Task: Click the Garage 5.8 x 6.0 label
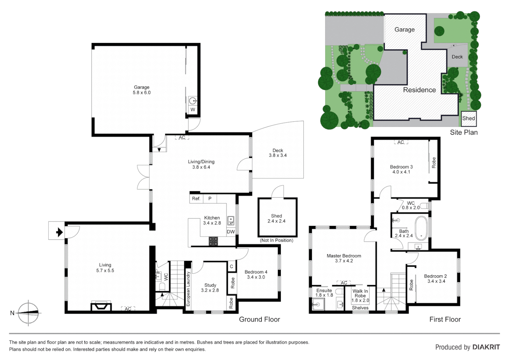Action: click(x=142, y=90)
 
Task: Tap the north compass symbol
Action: click(x=29, y=313)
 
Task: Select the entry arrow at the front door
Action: click(x=59, y=232)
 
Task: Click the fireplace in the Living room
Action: click(x=101, y=306)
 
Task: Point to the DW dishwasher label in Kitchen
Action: click(x=231, y=232)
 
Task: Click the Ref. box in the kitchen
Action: click(x=196, y=199)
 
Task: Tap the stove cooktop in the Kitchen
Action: click(x=213, y=241)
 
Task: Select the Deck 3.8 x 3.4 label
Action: click(x=277, y=153)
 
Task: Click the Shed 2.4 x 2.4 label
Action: click(x=276, y=218)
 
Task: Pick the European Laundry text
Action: click(x=188, y=289)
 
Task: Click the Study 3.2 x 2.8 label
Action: click(x=210, y=288)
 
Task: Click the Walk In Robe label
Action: click(x=360, y=293)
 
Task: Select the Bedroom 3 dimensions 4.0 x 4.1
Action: click(x=401, y=172)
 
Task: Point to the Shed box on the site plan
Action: click(x=468, y=118)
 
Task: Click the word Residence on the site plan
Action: click(x=419, y=90)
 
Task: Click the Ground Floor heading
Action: click(x=259, y=319)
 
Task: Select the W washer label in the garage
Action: click(x=193, y=110)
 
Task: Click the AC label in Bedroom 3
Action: click(x=401, y=142)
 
